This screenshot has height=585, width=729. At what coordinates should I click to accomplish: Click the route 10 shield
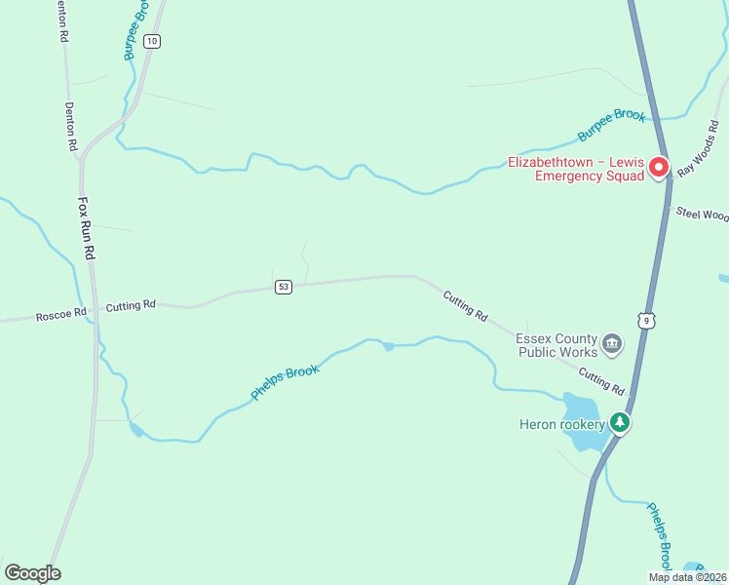point(151,41)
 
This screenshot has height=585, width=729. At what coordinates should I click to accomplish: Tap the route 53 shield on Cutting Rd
point(284,287)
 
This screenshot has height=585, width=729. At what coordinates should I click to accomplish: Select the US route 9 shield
point(645,320)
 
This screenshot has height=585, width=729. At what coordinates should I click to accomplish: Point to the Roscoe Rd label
point(60,316)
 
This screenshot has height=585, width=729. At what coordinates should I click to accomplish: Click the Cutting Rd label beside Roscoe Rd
point(131,306)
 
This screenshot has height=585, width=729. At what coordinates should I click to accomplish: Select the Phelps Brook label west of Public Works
point(286,378)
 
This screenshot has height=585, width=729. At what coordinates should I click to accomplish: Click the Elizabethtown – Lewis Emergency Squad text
point(576,170)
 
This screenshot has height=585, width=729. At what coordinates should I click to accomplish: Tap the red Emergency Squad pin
point(659,168)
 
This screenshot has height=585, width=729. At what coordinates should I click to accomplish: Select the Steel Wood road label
point(703,214)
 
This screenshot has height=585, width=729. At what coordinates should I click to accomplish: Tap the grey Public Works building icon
point(612,343)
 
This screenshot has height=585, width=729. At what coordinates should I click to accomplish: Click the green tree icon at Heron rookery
point(618,422)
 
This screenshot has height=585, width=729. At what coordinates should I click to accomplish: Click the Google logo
point(32,573)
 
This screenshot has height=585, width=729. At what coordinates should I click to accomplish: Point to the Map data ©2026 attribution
point(687,577)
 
